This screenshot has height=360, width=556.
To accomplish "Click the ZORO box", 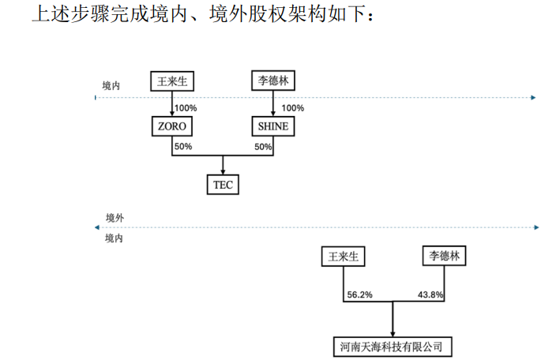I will click(172, 126).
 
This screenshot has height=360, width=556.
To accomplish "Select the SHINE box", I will click(273, 126).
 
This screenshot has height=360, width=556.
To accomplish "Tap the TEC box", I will click(223, 185).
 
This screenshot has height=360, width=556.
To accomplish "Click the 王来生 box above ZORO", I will click(172, 81).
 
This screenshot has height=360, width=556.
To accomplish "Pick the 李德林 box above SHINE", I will click(273, 81).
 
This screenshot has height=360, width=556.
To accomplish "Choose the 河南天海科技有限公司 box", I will click(393, 347).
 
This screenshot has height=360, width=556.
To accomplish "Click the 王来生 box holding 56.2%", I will click(344, 257).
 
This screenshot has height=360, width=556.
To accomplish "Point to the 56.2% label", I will click(360, 295).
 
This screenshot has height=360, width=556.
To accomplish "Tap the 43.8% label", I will click(430, 295).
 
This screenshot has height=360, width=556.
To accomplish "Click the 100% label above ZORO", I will click(186, 108).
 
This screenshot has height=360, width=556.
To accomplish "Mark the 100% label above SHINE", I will click(292, 108).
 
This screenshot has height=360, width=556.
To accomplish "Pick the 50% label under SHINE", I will click(263, 147).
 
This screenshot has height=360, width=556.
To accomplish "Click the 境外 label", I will click(115, 217).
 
